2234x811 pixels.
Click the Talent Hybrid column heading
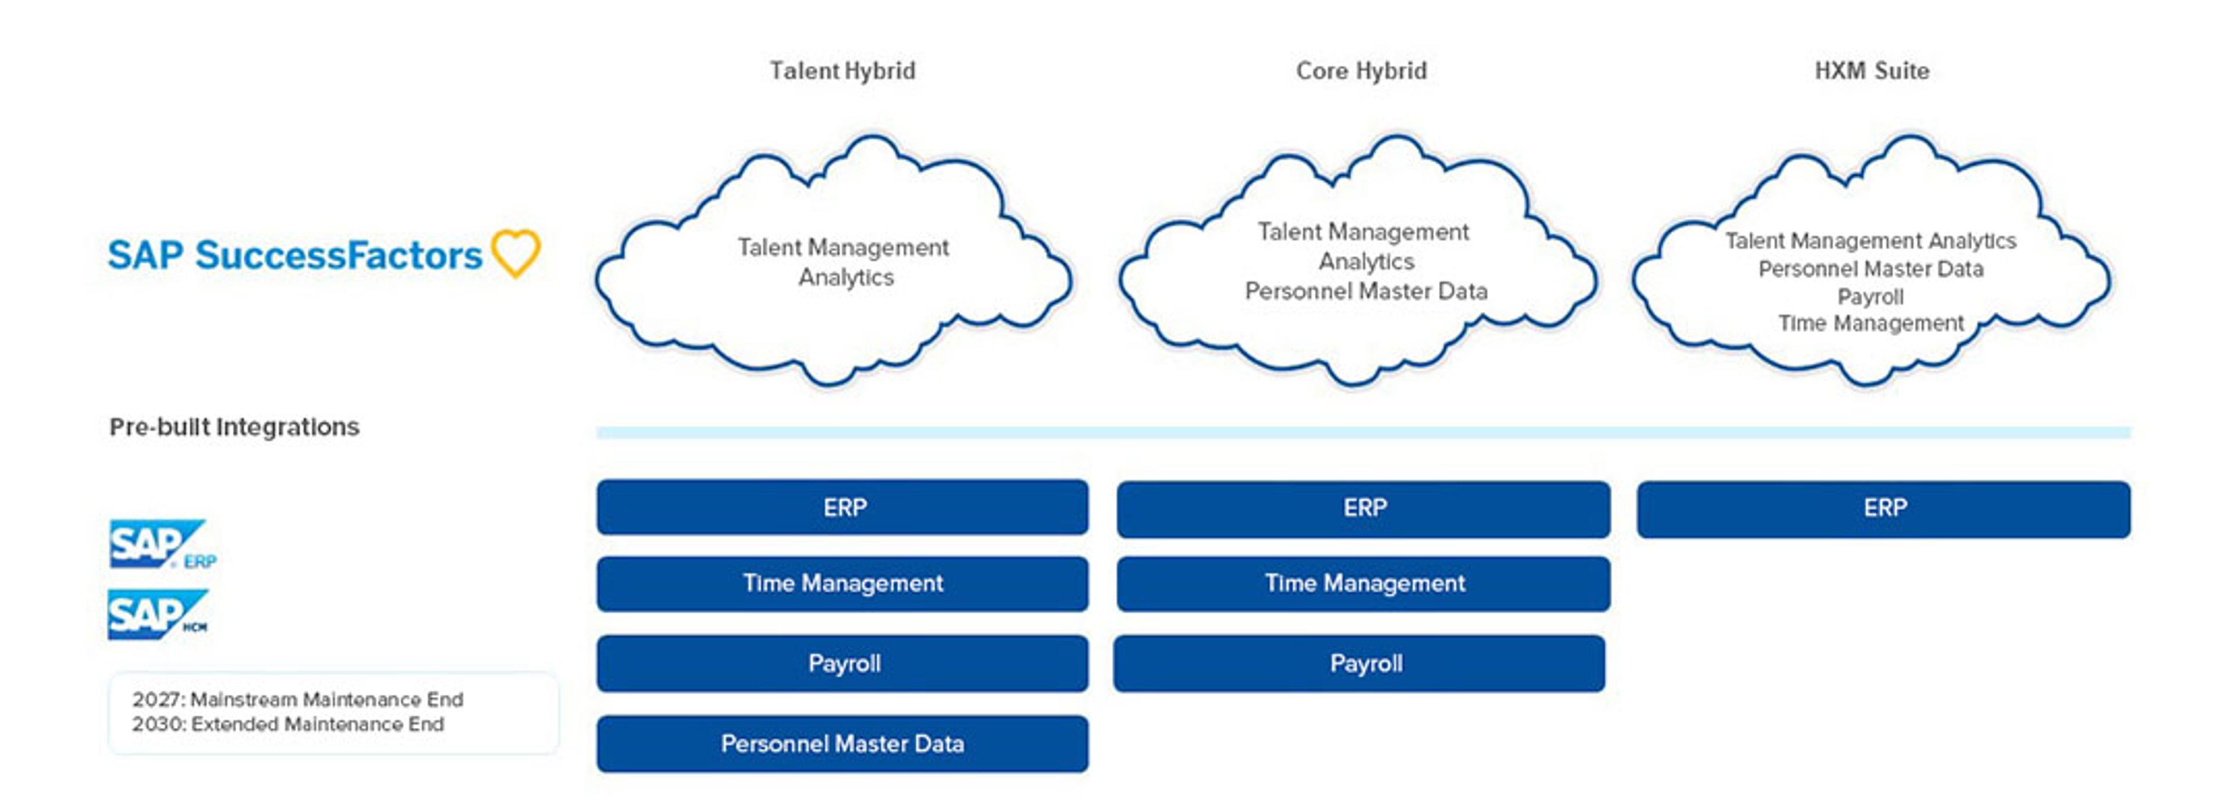point(842,71)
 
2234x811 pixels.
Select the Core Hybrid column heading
point(1361,71)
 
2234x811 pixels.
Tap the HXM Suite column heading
point(1872,71)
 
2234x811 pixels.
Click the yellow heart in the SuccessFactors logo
point(516,253)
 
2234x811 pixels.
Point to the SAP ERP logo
point(162,544)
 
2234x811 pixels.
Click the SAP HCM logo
point(158,614)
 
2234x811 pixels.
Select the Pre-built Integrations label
point(234,427)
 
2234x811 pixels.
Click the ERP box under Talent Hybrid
point(842,507)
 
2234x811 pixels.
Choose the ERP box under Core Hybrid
point(1363,509)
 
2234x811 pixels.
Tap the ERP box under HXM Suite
point(1884,509)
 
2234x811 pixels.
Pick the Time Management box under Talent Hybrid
point(842,584)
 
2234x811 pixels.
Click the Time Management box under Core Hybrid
point(1363,584)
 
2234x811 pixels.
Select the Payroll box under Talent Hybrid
point(842,664)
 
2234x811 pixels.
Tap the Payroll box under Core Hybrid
point(1360,664)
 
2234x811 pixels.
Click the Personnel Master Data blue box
point(842,744)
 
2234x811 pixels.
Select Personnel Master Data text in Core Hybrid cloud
point(1366,291)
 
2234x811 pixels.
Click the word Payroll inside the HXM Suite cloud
point(1870,297)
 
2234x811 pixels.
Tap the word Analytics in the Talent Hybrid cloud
point(845,278)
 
